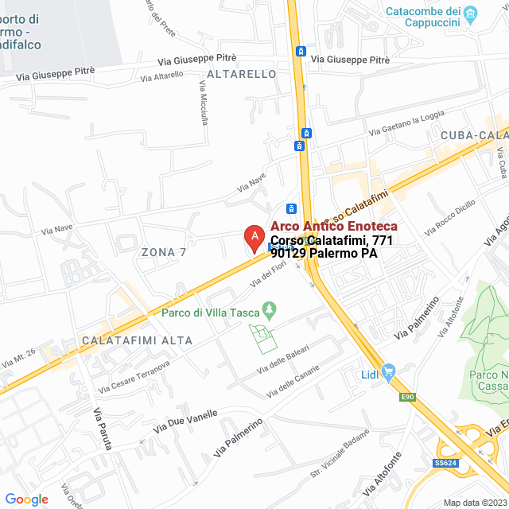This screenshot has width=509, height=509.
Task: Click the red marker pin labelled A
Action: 253,237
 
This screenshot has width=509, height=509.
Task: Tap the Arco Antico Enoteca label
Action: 333,227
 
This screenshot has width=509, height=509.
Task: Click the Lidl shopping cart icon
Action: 389,370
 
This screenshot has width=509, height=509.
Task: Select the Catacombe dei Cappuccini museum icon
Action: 470,13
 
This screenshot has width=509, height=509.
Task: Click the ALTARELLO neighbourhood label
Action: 241,74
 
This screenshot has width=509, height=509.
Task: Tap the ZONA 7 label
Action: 163,252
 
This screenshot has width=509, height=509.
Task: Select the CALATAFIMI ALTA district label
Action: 137,340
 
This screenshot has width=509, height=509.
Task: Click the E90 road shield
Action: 408,396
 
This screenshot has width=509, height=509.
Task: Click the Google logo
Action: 26,499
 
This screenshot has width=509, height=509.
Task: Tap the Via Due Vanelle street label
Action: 191,418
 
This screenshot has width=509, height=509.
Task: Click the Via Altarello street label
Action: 161,76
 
